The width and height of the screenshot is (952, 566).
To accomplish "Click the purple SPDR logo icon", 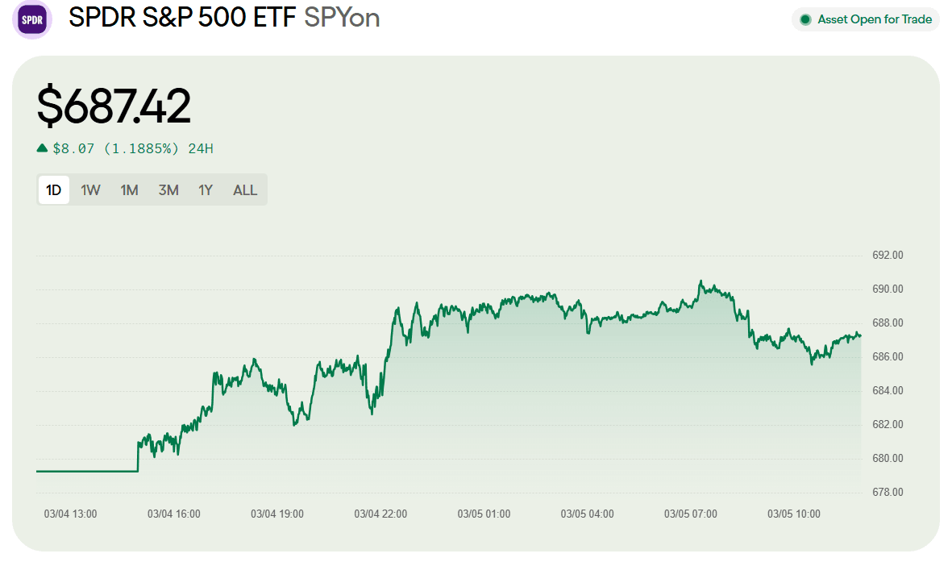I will (x=32, y=19).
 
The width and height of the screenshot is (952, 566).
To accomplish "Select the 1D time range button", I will (x=54, y=190).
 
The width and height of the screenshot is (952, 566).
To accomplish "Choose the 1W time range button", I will (x=90, y=190).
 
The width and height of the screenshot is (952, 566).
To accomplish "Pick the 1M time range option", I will (x=129, y=190).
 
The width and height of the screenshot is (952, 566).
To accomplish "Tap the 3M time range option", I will (x=168, y=190).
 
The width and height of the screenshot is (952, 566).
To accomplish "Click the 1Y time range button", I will (x=206, y=190).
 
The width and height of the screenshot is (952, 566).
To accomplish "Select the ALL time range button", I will (x=245, y=190).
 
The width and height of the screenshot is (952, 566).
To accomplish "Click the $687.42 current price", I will (x=114, y=106).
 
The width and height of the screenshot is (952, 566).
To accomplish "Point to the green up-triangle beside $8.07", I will (x=42, y=148).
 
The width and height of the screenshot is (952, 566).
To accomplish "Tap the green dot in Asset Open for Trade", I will (x=804, y=19).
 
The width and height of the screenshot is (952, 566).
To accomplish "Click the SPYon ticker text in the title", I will (x=342, y=18).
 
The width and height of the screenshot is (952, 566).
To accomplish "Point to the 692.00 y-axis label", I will (x=888, y=256).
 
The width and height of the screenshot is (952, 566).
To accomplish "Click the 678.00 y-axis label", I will (x=888, y=493).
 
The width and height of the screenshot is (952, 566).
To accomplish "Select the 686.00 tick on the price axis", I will (x=888, y=357).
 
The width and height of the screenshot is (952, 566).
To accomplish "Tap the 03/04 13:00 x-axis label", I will (x=71, y=514).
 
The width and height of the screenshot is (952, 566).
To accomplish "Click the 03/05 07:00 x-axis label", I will (x=690, y=514).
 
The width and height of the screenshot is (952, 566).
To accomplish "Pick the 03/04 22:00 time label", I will (x=380, y=514).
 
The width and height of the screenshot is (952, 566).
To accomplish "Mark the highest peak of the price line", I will (x=700, y=281).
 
